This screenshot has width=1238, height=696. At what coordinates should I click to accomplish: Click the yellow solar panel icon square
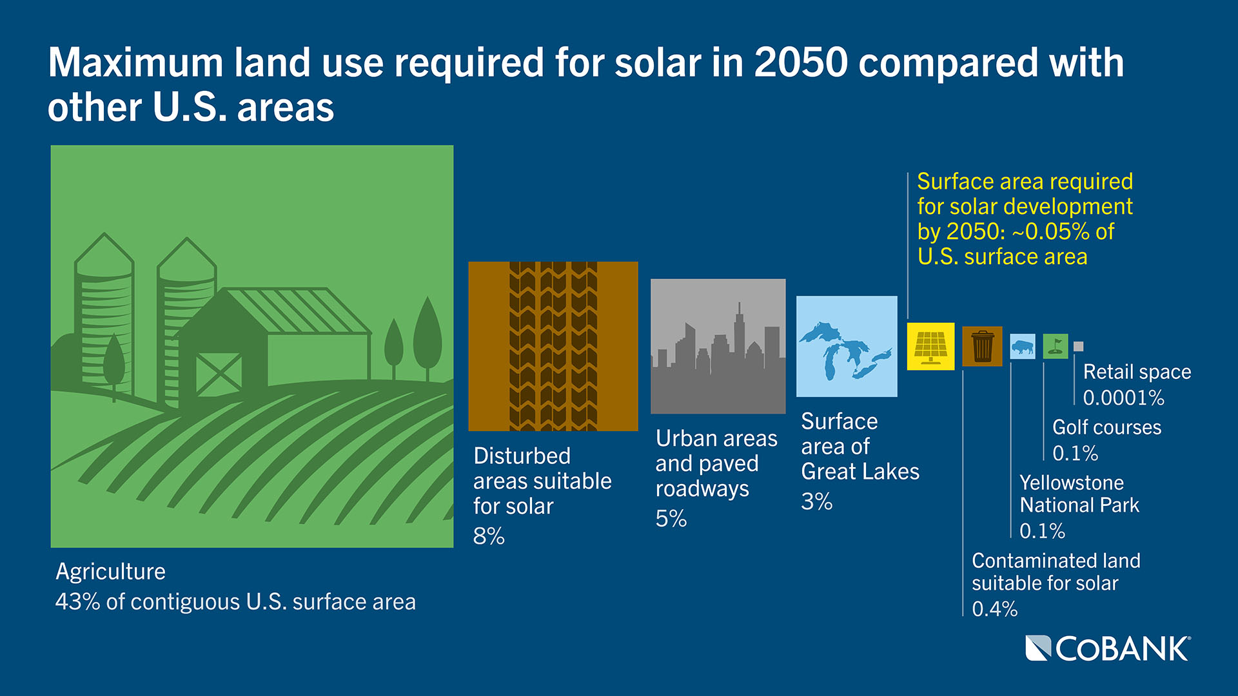930,347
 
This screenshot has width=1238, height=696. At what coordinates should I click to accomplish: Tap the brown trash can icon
982,347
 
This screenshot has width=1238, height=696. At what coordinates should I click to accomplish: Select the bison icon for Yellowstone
1022,347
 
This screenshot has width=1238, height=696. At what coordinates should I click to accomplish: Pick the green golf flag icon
1055,346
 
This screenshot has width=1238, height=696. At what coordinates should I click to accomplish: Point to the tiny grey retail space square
1078,347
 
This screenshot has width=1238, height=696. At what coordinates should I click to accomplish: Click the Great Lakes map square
847,347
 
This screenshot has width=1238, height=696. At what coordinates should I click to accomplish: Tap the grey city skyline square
718,347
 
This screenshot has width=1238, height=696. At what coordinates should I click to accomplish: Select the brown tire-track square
553,347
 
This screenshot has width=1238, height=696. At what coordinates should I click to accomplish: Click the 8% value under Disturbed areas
489,536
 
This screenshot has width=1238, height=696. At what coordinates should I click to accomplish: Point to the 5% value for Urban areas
671,519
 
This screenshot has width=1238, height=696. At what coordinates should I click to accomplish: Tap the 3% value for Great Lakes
816,501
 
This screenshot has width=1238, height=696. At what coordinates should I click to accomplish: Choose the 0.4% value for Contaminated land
994,609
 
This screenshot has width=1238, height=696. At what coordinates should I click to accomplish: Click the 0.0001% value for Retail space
1123,398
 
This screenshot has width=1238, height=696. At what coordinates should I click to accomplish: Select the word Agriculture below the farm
110,572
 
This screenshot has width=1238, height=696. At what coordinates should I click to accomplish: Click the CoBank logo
1108,648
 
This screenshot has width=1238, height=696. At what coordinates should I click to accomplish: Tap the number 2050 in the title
801,63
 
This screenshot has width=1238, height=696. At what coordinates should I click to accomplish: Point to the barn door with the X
219,373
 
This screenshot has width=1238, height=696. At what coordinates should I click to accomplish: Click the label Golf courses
1106,427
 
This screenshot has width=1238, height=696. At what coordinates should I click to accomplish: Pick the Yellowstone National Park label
1079,494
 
